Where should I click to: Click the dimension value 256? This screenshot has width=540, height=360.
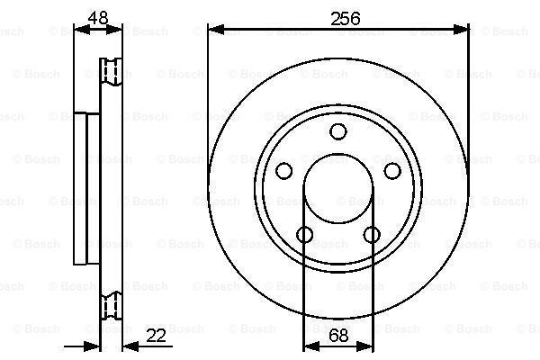click(345, 19)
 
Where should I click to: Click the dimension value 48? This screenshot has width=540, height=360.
click(98, 18)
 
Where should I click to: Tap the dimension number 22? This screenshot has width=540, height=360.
click(156, 336)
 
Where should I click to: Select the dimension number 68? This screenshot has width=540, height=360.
click(338, 336)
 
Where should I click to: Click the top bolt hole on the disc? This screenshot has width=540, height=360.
click(338, 131)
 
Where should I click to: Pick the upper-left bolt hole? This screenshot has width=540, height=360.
click(284, 171)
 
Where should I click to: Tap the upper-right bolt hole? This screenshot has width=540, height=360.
click(392, 171)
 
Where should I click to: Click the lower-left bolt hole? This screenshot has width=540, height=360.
click(305, 235)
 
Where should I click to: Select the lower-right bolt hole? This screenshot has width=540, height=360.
click(372, 235)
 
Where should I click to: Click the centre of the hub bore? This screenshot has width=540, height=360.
click(338, 188)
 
